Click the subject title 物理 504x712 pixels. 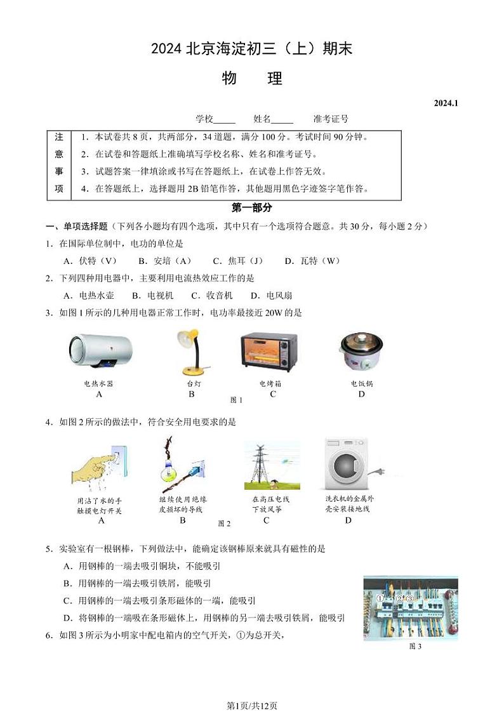point(252,79)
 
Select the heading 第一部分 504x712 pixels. point(252,208)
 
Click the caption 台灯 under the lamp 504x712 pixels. point(193,384)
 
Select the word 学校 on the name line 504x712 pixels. point(204,119)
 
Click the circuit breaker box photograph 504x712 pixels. point(410,608)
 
